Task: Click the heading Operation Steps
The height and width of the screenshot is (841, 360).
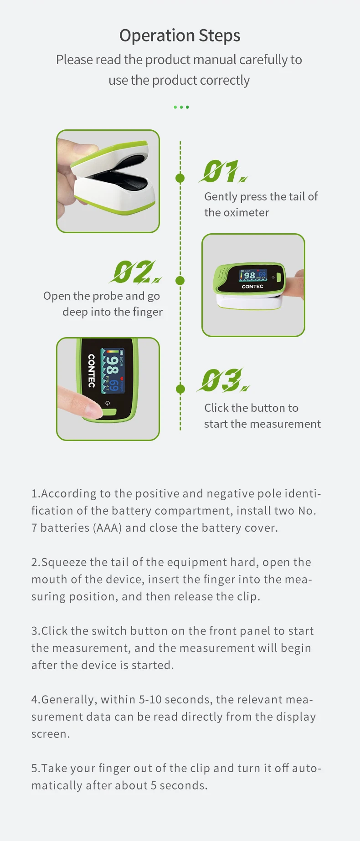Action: pyautogui.click(x=180, y=36)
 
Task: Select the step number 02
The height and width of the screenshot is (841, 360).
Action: pyautogui.click(x=135, y=272)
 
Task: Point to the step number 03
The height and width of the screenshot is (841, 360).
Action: pyautogui.click(x=222, y=380)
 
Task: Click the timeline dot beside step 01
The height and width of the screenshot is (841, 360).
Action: pyautogui.click(x=180, y=178)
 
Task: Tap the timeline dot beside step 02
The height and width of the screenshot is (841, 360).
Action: pyautogui.click(x=180, y=281)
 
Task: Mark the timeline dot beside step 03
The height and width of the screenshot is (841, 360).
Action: pyautogui.click(x=180, y=389)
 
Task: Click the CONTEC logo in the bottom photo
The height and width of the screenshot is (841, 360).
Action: pyautogui.click(x=91, y=371)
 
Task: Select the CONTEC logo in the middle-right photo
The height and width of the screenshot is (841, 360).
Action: pyautogui.click(x=252, y=287)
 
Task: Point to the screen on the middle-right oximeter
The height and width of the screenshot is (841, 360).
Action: pyautogui.click(x=253, y=275)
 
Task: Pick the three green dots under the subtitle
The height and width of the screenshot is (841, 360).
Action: pyautogui.click(x=181, y=107)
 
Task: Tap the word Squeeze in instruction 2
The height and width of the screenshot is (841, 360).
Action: pyautogui.click(x=64, y=562)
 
